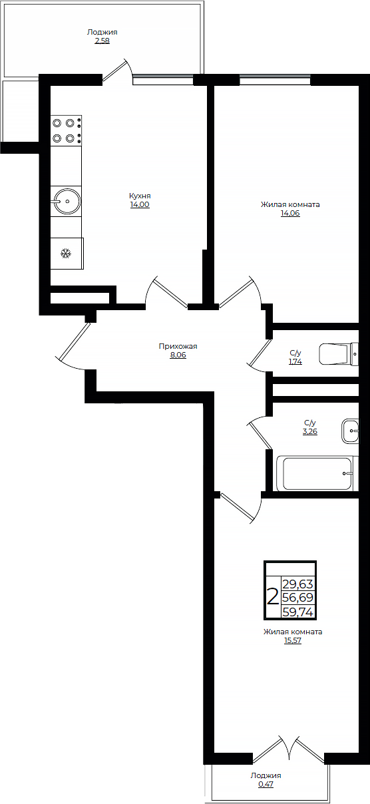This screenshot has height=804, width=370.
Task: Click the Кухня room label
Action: pos(140,196)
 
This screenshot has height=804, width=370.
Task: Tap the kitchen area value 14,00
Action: pos(140,204)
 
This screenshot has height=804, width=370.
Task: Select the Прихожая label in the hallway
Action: pos(178,346)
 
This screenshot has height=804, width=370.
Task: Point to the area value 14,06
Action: pos(290,213)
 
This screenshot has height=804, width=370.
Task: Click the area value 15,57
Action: pos(293,641)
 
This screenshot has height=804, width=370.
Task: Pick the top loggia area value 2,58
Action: pos(102,41)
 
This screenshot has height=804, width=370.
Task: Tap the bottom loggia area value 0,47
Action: pos(266,785)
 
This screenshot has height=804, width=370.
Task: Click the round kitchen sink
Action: pos(67,201)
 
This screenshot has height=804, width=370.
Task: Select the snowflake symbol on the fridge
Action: pos(66,254)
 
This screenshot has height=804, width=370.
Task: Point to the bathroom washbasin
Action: pos(350,431)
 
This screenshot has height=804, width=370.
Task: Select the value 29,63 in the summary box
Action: pos(298,584)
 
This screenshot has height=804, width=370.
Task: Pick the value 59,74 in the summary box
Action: pos(298,612)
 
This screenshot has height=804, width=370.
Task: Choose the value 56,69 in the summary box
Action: pos(298,598)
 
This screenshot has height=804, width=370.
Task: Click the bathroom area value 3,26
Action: pos(310,431)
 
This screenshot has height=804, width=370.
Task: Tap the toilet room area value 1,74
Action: pos(295,362)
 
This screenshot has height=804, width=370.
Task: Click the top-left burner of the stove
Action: pos(57,123)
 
